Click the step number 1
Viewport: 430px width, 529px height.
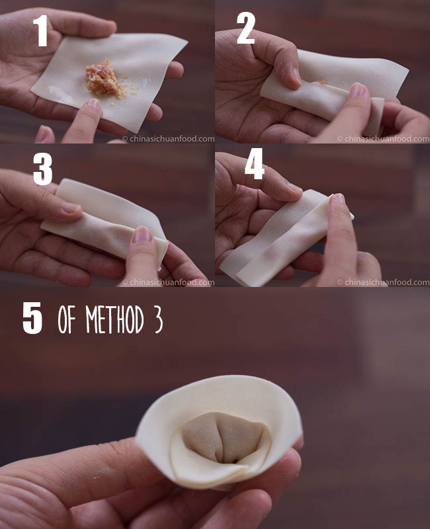41,30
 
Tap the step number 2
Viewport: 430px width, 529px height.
245,28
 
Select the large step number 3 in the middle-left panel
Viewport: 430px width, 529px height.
42,169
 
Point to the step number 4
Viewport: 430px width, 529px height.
255,164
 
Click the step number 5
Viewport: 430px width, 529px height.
32,318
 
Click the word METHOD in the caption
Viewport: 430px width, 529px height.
114,319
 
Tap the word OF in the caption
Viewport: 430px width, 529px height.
67,319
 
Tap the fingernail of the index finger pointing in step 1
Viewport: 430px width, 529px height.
94,104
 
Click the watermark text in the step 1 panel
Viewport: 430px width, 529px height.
168,139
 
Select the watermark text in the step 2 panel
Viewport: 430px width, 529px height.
383,139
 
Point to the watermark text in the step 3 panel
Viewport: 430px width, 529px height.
168,282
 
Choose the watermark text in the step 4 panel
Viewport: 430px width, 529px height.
383,282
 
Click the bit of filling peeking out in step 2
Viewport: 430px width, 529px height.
321,82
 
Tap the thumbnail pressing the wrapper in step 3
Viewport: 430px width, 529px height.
142,235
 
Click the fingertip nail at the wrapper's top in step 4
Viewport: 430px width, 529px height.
339,198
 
